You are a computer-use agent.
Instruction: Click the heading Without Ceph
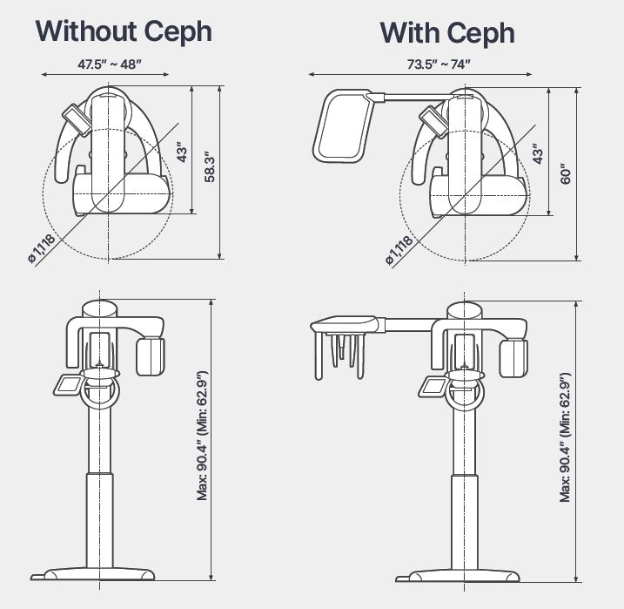pyautogui.click(x=123, y=31)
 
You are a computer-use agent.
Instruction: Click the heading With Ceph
pyautogui.click(x=446, y=33)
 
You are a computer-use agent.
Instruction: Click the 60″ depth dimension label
pyautogui.click(x=567, y=173)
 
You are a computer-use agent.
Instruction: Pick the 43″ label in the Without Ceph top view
pyautogui.click(x=183, y=153)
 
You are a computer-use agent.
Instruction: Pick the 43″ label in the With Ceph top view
pyautogui.click(x=539, y=154)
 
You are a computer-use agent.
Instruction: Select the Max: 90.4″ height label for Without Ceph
pyautogui.click(x=202, y=436)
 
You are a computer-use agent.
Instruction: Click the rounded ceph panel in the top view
pyautogui.click(x=342, y=127)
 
